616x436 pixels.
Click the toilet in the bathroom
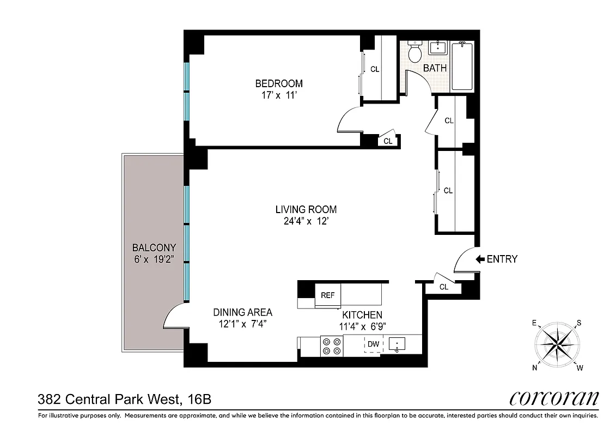415,52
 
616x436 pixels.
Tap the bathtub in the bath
463,66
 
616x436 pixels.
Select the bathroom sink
437,49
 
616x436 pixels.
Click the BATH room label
435,68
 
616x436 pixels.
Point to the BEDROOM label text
279,83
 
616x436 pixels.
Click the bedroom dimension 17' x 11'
279,95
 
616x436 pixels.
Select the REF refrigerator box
327,295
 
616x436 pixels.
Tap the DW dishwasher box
373,344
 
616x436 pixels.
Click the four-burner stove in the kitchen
332,346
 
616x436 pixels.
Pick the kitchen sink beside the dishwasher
398,344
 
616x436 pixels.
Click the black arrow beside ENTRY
480,259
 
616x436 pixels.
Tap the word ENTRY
502,259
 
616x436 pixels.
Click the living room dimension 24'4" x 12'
306,221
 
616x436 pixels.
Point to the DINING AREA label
242,312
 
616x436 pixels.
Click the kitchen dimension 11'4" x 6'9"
362,326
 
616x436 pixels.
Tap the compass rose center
556,344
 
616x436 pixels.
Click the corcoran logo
554,398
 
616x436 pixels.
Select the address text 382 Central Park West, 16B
124,399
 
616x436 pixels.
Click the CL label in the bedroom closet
375,69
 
